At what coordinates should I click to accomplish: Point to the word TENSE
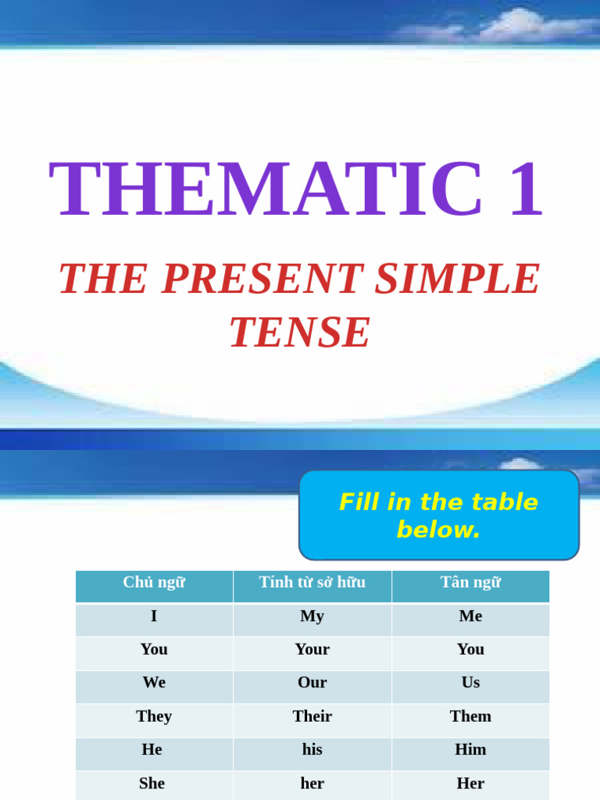pyautogui.click(x=300, y=333)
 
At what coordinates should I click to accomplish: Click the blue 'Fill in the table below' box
pyautogui.click(x=438, y=515)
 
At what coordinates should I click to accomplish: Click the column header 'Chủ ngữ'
pyautogui.click(x=154, y=583)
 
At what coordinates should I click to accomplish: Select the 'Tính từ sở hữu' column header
pyautogui.click(x=312, y=583)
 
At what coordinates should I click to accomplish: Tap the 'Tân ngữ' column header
pyautogui.click(x=470, y=583)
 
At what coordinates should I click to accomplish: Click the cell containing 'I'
pyautogui.click(x=154, y=616)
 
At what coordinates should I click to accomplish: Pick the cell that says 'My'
pyautogui.click(x=312, y=616)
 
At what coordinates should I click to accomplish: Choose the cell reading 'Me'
pyautogui.click(x=470, y=616)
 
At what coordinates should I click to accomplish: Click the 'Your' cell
pyautogui.click(x=312, y=650)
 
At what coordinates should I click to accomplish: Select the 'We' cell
pyautogui.click(x=154, y=683)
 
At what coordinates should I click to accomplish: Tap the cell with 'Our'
pyautogui.click(x=312, y=683)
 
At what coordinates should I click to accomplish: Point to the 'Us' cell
pyautogui.click(x=470, y=683)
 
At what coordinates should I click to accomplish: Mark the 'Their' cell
pyautogui.click(x=312, y=716)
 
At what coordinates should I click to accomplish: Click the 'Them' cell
pyautogui.click(x=470, y=716)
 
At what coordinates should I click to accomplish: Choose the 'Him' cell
pyautogui.click(x=470, y=750)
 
